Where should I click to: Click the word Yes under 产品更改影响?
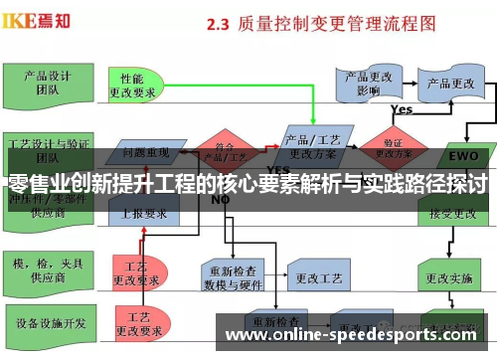402,109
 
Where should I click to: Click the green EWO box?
463,156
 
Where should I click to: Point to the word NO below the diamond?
221,199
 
